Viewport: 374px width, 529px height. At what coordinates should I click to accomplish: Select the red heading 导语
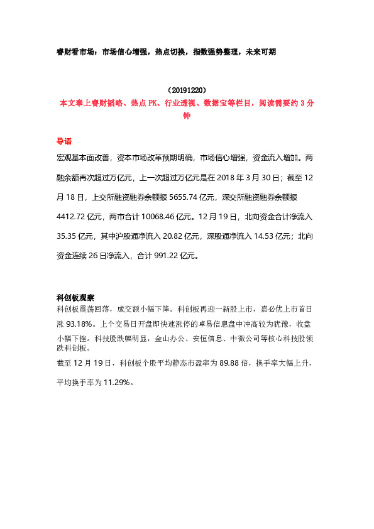click(x=64, y=141)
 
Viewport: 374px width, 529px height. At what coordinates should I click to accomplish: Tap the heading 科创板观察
click(x=75, y=297)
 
